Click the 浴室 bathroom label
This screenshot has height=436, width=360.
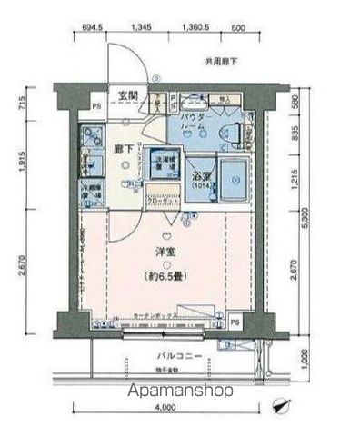coord(200,178)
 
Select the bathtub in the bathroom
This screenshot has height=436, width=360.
coord(234,176)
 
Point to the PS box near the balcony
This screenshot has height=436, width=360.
coord(234,322)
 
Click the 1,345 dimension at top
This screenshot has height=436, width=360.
coord(141,27)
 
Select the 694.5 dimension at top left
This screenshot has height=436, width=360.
coord(89,27)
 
